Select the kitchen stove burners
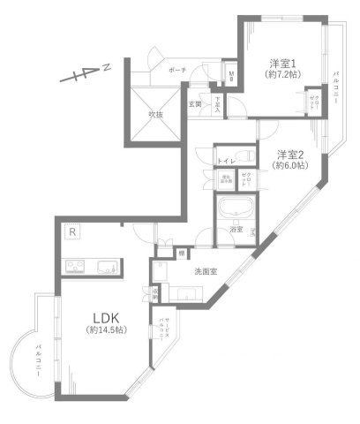point(73,267)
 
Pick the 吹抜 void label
point(156,113)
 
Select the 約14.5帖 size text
point(104,330)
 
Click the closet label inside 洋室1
point(311,102)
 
